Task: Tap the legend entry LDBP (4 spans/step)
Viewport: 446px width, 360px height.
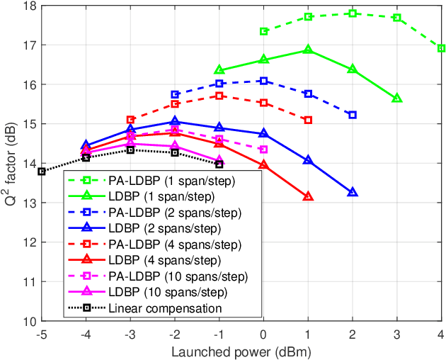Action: click(151, 259)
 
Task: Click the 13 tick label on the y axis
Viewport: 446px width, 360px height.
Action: click(28, 203)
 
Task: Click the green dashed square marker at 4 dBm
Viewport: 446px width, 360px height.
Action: click(441, 48)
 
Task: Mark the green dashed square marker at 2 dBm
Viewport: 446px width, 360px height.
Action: click(353, 13)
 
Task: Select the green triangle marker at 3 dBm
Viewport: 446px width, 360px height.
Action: click(396, 98)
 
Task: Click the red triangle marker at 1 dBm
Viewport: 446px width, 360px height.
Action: click(308, 196)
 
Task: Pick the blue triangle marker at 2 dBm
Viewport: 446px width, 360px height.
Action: click(353, 192)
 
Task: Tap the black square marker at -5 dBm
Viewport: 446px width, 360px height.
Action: click(41, 171)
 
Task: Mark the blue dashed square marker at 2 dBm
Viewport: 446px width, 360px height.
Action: click(353, 115)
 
